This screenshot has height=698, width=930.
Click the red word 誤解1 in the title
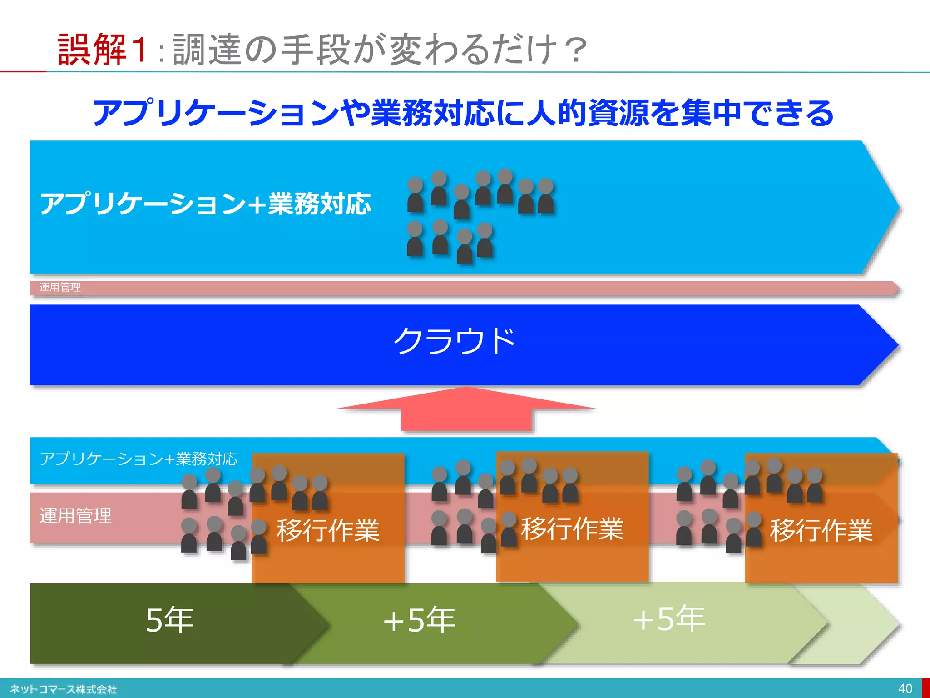tap(102, 49)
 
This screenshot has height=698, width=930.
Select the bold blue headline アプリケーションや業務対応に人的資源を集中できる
tap(463, 113)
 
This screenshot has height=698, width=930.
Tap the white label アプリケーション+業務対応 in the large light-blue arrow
tap(206, 204)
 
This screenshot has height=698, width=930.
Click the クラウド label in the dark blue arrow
tap(454, 341)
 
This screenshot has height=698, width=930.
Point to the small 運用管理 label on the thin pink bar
tap(60, 287)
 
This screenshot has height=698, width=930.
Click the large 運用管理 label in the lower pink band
tap(75, 516)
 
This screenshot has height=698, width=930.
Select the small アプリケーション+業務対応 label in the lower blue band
tap(139, 459)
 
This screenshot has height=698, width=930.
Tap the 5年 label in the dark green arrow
tap(169, 620)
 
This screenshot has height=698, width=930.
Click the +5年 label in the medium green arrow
tap(419, 620)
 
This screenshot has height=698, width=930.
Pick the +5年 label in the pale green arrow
tap(668, 619)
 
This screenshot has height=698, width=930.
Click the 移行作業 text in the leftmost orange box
tap(328, 530)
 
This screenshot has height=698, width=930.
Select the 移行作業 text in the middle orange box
tap(572, 529)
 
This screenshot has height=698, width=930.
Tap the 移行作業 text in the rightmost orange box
tap(821, 530)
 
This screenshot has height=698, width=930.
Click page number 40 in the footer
tap(905, 688)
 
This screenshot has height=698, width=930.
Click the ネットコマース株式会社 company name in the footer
tap(63, 689)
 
